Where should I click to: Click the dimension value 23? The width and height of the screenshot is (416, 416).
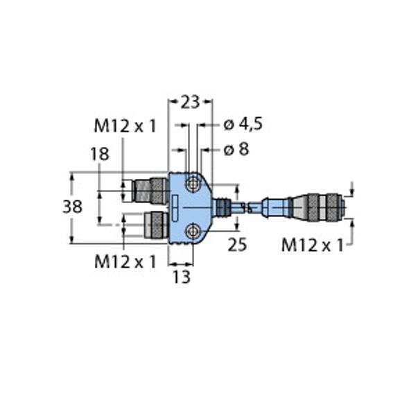[x=191, y=103]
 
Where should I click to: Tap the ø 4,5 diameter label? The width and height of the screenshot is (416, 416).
[x=243, y=125]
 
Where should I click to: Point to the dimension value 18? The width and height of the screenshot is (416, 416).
[x=100, y=154]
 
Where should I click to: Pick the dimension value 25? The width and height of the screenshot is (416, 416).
[x=237, y=245]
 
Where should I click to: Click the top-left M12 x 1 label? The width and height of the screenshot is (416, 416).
[x=125, y=125]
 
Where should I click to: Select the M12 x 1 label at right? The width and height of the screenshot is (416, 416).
[x=313, y=245]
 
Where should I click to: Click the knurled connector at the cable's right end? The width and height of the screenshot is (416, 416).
[x=325, y=206]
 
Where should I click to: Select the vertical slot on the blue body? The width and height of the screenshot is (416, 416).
[x=175, y=207]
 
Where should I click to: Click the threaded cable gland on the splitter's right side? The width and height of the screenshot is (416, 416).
[x=222, y=207]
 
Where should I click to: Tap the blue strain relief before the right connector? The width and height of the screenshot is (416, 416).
[x=276, y=206]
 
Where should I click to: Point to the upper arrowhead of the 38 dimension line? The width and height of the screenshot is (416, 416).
[x=72, y=175]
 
